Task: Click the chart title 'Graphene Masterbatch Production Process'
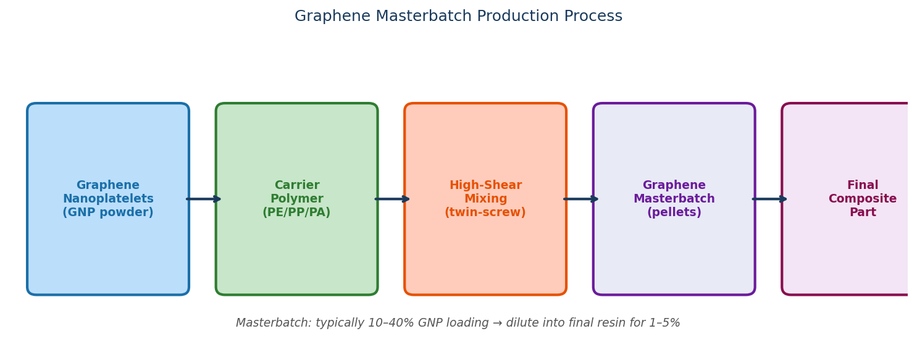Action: tap(458, 17)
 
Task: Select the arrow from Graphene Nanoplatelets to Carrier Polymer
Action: tap(203, 199)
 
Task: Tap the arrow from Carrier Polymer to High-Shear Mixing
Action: tap(392, 199)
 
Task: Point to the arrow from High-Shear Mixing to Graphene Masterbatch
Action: tap(580, 199)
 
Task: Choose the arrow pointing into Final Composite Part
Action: tap(769, 199)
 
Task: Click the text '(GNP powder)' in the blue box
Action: tap(108, 212)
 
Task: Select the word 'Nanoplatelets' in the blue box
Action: tap(108, 199)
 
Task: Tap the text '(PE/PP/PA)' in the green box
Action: tap(296, 212)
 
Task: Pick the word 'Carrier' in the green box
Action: tap(296, 185)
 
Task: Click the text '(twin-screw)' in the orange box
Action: tap(485, 212)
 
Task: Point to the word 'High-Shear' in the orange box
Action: tap(485, 185)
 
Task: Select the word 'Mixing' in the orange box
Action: tap(485, 199)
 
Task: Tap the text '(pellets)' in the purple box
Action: tap(674, 212)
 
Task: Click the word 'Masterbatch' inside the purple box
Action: tap(674, 199)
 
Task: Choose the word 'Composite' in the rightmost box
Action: tap(862, 199)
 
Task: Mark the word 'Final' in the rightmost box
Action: tap(862, 185)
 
